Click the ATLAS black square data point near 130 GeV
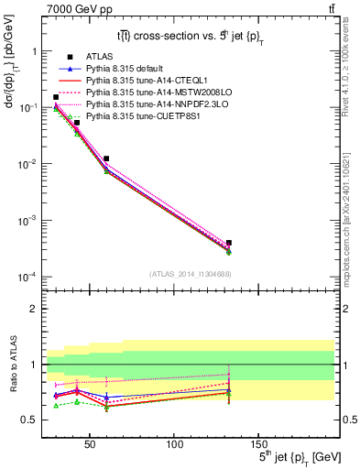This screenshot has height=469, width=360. tap(229, 243)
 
